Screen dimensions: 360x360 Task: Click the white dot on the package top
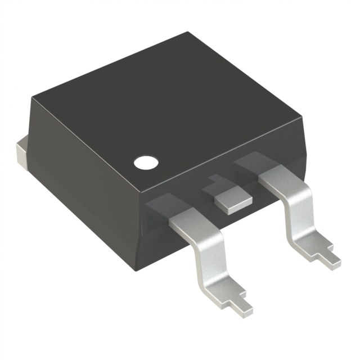coord(146,163)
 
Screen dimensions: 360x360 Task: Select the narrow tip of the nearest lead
coord(243,305)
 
